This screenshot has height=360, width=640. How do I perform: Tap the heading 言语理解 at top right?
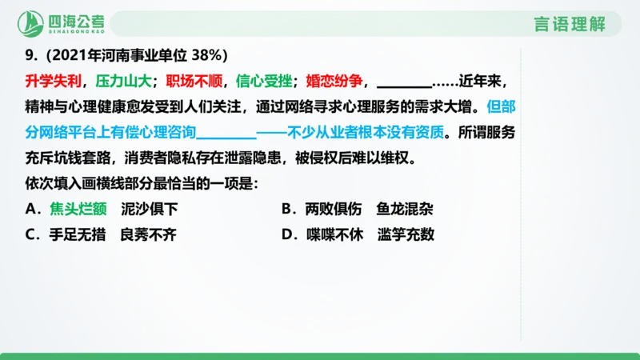click(x=569, y=24)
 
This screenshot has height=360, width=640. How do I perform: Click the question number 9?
click(x=30, y=55)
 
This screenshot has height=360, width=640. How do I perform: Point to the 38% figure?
click(x=211, y=55)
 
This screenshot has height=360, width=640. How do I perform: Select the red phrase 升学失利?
click(x=54, y=82)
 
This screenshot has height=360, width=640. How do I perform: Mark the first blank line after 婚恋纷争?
click(x=403, y=86)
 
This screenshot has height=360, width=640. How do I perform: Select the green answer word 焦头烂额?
click(x=78, y=209)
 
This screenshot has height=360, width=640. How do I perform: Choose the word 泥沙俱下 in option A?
click(x=150, y=209)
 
